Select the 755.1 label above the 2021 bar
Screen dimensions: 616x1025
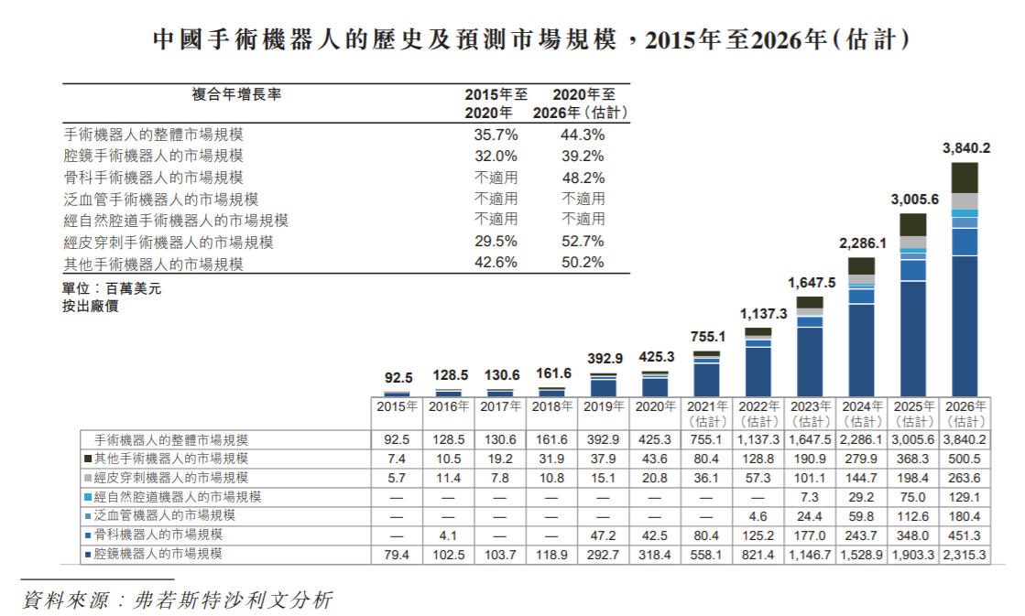(706, 336)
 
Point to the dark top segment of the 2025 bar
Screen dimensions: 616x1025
(913, 225)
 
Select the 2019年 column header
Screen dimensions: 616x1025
(603, 406)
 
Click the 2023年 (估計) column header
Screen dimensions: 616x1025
(811, 414)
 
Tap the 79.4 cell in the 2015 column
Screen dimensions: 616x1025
(397, 555)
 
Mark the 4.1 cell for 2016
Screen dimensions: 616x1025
(448, 535)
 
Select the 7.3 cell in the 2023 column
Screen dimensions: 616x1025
(811, 497)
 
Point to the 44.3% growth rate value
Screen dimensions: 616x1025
(583, 135)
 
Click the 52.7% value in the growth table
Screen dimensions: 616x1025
(583, 242)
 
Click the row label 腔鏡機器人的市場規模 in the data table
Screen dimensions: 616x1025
(169, 555)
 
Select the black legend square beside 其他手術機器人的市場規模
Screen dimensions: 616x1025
(88, 459)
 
